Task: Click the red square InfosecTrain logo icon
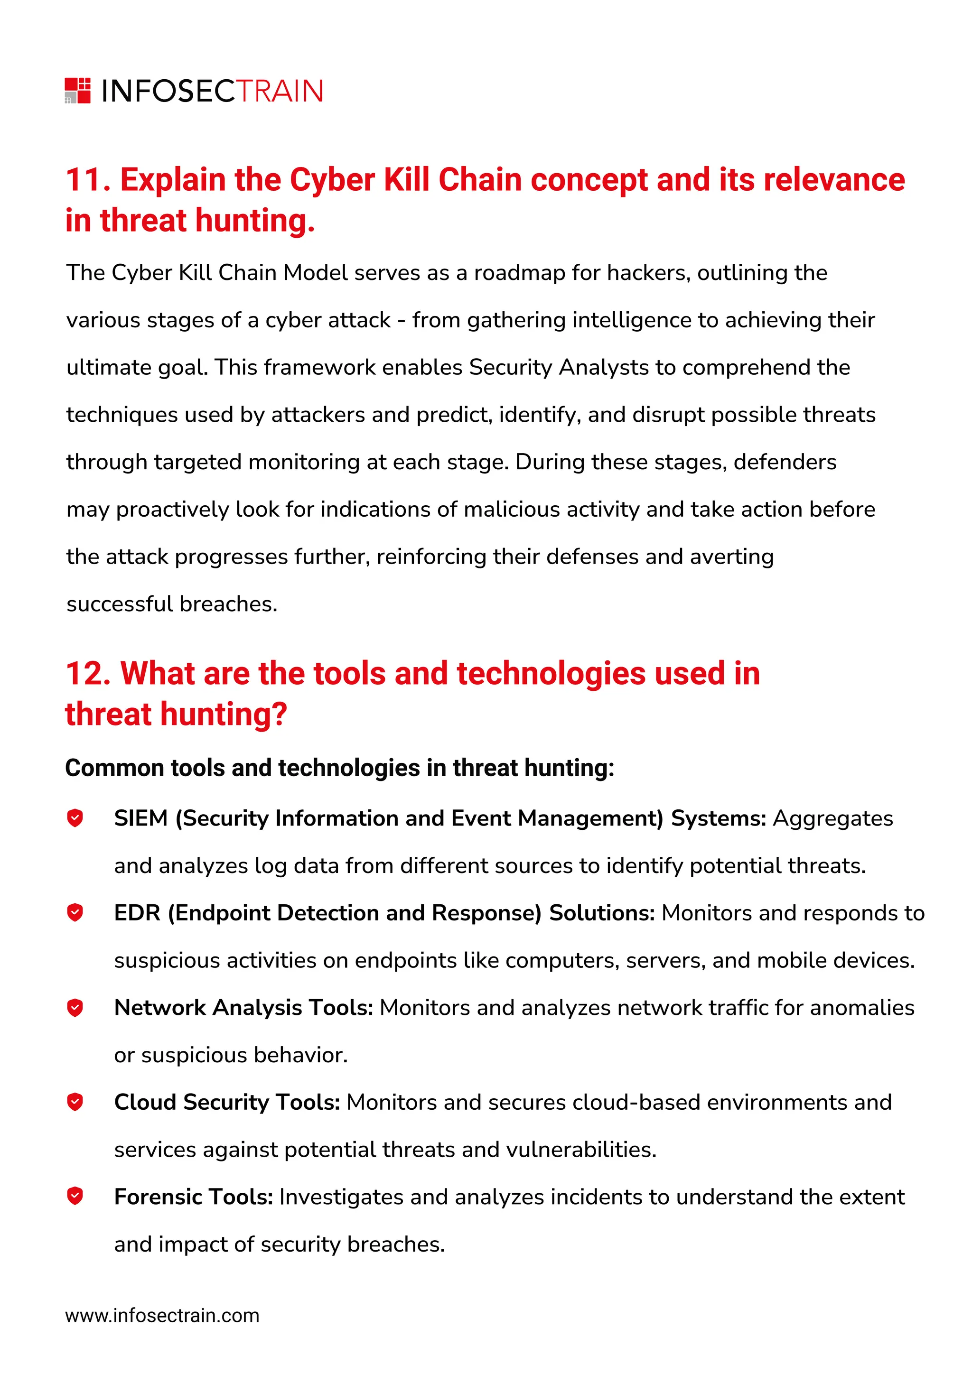coord(77,90)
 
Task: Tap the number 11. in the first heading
coord(88,180)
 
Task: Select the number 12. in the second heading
coord(88,673)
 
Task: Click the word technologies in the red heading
coord(551,673)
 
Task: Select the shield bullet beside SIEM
coord(75,817)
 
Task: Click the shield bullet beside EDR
coord(75,913)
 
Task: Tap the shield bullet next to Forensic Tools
coord(75,1196)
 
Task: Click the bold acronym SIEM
coord(140,818)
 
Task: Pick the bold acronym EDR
coord(137,913)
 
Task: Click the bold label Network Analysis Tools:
coord(243,1008)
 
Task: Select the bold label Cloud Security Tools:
coord(227,1102)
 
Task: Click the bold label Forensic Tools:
coord(193,1197)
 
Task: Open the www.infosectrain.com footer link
coord(162,1316)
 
